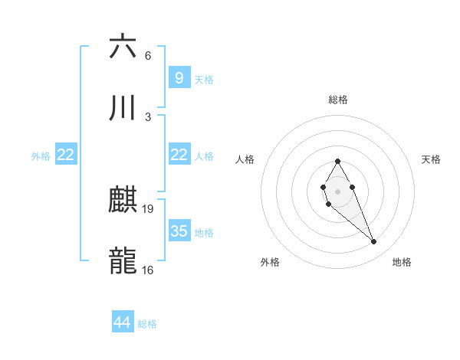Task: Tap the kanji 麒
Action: click(123, 201)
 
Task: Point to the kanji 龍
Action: click(123, 261)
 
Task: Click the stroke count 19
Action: click(149, 209)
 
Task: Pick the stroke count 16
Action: click(149, 270)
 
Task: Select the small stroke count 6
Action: click(148, 55)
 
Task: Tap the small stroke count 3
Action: click(148, 116)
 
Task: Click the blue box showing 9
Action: click(179, 77)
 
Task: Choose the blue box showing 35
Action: click(179, 231)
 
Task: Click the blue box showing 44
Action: click(123, 322)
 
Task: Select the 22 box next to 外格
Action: click(66, 155)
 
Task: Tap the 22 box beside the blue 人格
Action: click(179, 155)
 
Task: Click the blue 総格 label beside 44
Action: click(147, 324)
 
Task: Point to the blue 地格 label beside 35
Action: click(204, 233)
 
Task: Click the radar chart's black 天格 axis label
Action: click(432, 159)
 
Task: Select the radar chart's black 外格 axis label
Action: click(270, 262)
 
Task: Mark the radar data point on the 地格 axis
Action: click(374, 242)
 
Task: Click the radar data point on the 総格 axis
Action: click(337, 161)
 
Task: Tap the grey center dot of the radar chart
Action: click(337, 191)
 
